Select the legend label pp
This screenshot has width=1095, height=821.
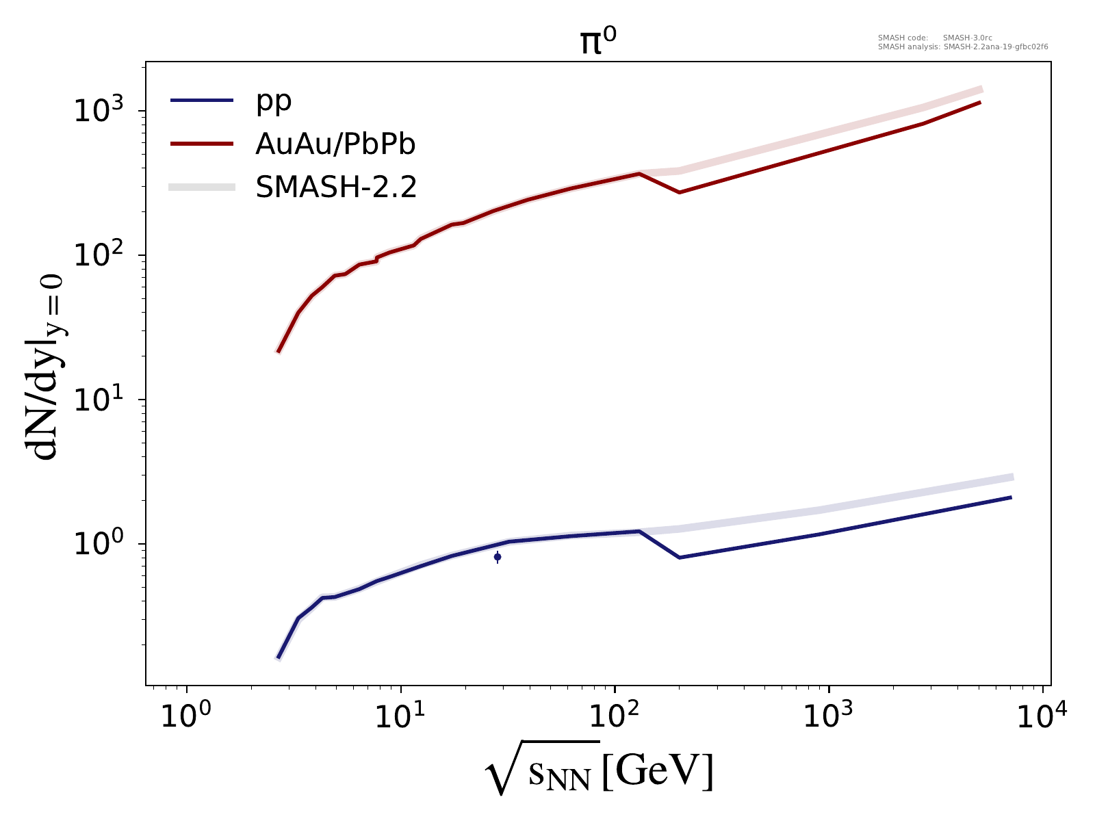[274, 101]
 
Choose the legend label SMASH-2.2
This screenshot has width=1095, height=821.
[336, 186]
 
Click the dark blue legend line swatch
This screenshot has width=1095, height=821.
[202, 101]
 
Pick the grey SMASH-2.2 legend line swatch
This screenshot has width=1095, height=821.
[202, 187]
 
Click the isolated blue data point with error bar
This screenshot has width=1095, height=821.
[498, 557]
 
